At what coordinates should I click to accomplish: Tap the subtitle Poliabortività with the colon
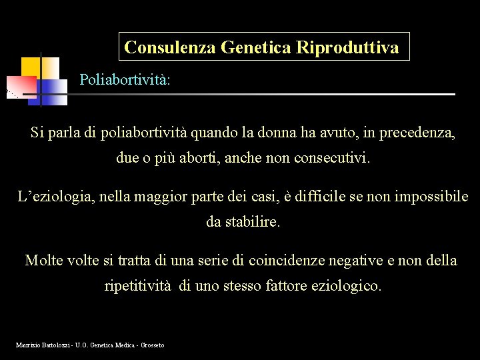point(125,80)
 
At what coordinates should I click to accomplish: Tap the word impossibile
point(431,197)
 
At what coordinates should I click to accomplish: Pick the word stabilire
point(253,222)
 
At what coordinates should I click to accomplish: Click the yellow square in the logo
point(31,67)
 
